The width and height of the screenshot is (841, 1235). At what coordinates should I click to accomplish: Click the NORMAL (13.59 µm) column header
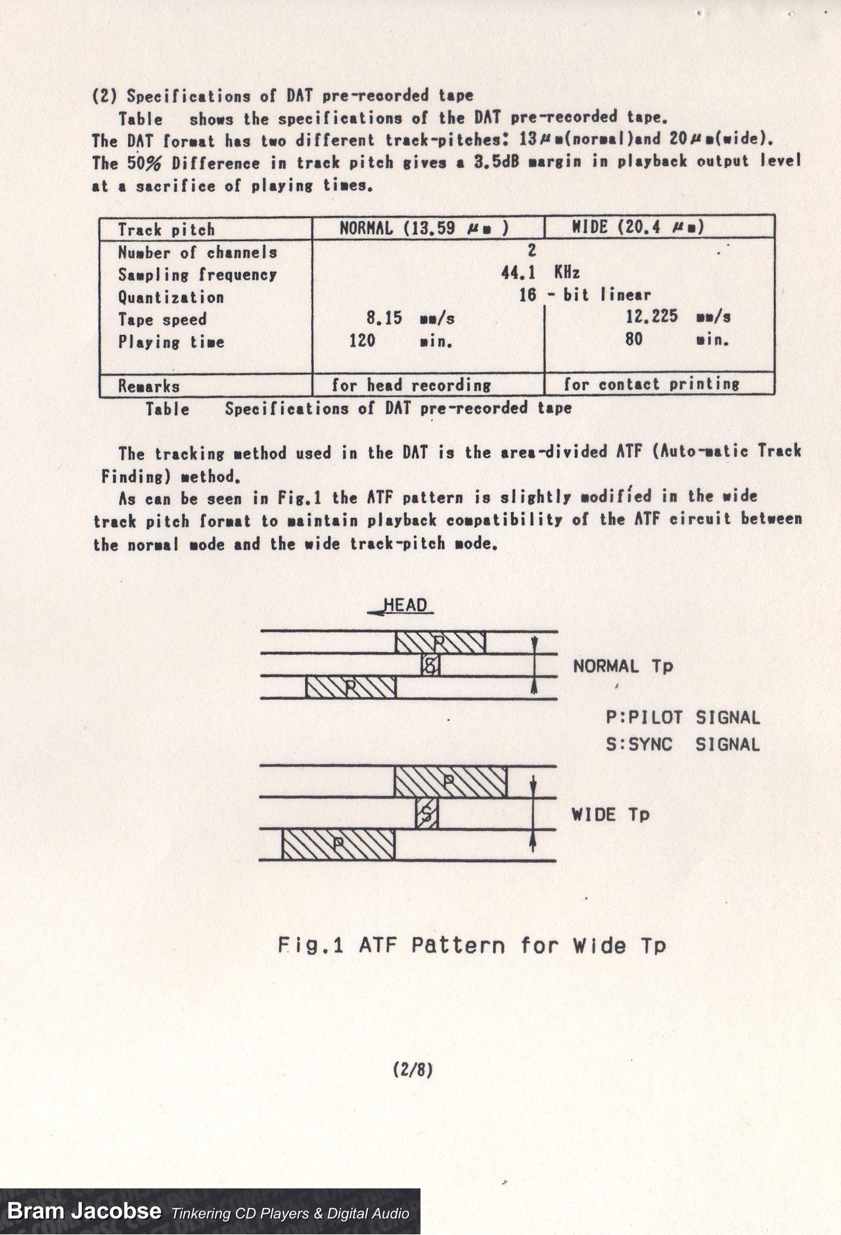424,228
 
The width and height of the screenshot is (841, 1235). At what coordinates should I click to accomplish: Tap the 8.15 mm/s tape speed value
411,318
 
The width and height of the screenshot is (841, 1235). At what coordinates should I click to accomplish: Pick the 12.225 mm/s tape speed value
677,316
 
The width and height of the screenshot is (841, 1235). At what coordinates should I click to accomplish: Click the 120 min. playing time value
400,341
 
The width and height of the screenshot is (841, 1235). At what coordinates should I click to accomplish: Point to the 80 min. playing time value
677,339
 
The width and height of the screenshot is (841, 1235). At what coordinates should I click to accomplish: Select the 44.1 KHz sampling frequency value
540,272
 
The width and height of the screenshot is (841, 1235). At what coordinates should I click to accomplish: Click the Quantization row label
171,297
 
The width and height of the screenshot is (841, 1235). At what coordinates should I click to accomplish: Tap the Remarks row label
149,386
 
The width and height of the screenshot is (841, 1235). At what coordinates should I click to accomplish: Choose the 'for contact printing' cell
651,383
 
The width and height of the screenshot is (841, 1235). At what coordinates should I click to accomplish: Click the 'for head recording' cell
411,385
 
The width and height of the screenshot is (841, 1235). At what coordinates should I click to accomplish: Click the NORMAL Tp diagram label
622,666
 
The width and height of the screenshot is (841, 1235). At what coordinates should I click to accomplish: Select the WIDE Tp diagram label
610,815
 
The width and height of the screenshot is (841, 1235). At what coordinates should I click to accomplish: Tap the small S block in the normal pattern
430,665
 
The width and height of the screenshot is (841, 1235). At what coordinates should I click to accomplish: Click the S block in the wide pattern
426,813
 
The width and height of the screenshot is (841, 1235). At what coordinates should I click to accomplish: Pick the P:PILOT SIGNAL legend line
682,718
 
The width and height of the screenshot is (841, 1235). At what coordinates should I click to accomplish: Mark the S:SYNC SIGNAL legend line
682,745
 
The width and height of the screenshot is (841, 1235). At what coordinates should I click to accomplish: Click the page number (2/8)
413,1070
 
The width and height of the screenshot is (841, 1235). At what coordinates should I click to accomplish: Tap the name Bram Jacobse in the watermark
84,1211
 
